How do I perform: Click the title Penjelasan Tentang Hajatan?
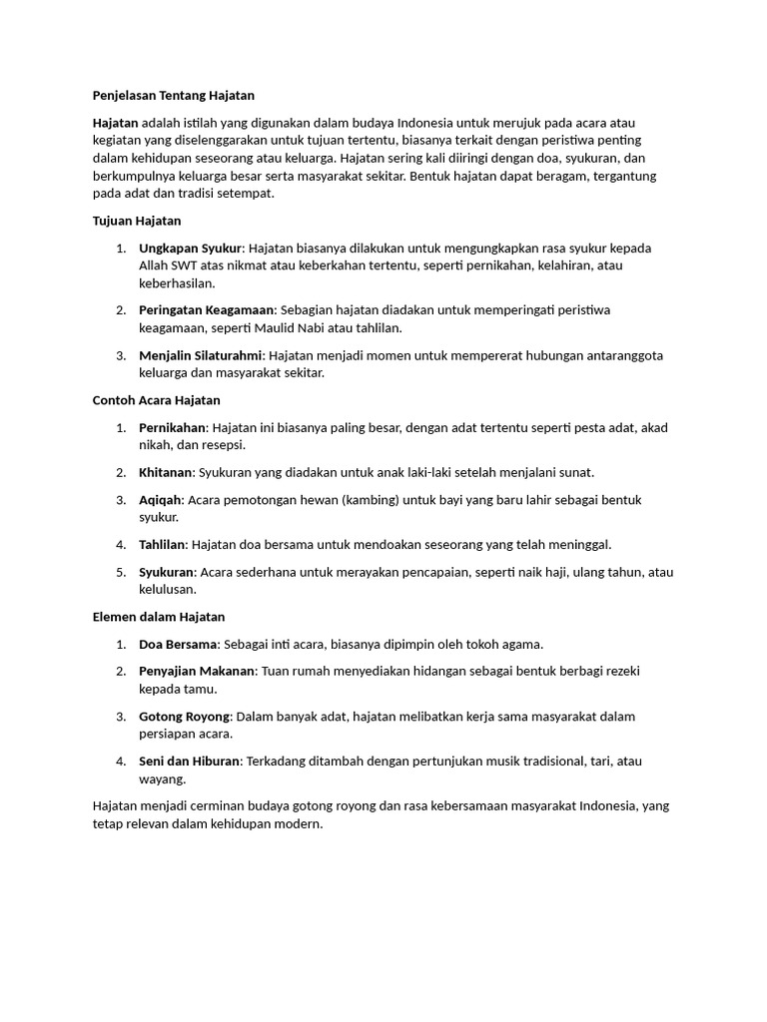[173, 96]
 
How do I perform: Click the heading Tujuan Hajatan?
[137, 221]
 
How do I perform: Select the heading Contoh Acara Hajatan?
[156, 400]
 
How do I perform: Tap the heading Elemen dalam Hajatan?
[159, 617]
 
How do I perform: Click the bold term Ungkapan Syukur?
[190, 248]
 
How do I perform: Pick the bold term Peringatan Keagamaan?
[207, 310]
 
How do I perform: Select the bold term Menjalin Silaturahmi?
[201, 355]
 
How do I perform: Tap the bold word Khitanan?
[167, 472]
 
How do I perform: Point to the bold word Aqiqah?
[161, 499]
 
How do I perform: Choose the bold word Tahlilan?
[163, 545]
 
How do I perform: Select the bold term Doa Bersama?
[178, 644]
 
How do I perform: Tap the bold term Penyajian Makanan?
[197, 671]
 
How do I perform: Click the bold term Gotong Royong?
[184, 716]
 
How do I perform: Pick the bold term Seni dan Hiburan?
[189, 761]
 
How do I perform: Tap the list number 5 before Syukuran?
[120, 572]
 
